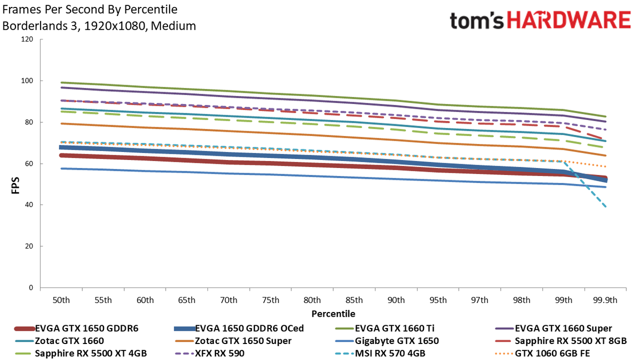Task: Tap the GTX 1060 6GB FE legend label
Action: (x=553, y=353)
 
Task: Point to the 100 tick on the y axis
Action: (x=27, y=81)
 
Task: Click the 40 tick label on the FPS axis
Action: (x=29, y=205)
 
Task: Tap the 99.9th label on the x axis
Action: (x=605, y=300)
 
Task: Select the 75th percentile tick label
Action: (x=270, y=300)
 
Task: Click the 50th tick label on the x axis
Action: (x=61, y=300)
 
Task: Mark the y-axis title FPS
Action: (x=15, y=186)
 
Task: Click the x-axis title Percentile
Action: (x=333, y=314)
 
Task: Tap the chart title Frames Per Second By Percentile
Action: (x=90, y=10)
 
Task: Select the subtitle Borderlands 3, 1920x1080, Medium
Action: (x=99, y=26)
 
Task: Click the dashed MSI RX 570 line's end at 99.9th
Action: (x=606, y=206)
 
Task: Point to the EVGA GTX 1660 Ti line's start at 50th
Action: (x=61, y=83)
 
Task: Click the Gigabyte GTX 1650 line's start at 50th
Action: (x=61, y=169)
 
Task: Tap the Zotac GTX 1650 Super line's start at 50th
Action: (x=61, y=123)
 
